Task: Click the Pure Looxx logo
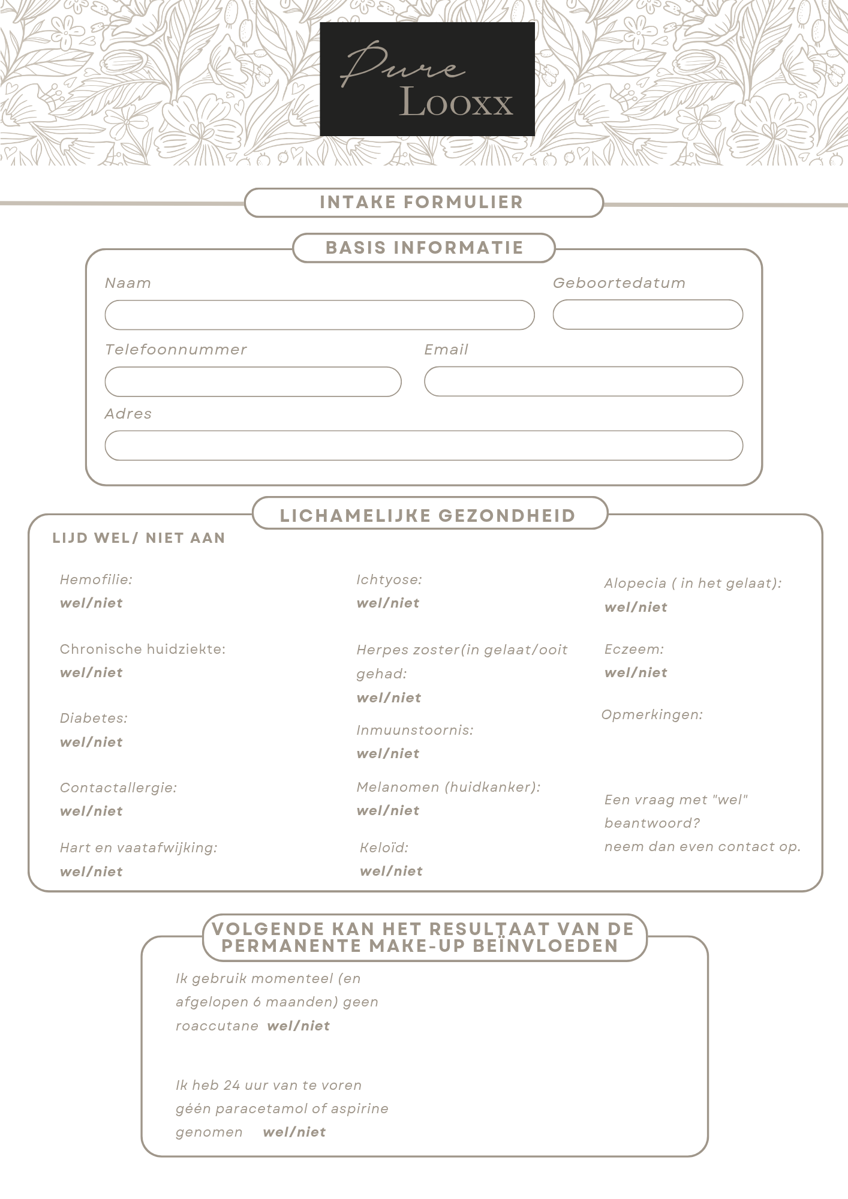point(427,79)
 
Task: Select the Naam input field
point(319,315)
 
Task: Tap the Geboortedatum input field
point(647,315)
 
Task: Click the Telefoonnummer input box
point(252,381)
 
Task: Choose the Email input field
point(583,381)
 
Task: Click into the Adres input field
point(423,446)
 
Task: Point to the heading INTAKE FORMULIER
point(422,202)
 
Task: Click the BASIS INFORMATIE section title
point(424,248)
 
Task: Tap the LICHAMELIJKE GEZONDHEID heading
point(428,515)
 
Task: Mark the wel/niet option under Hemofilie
point(91,603)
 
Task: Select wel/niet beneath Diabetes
point(91,743)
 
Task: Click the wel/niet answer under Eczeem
point(636,673)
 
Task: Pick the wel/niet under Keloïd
point(391,872)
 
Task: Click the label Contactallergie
point(118,788)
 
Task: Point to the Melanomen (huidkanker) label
point(448,787)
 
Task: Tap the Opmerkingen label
point(652,715)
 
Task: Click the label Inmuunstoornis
point(414,730)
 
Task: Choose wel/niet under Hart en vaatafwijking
point(91,872)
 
